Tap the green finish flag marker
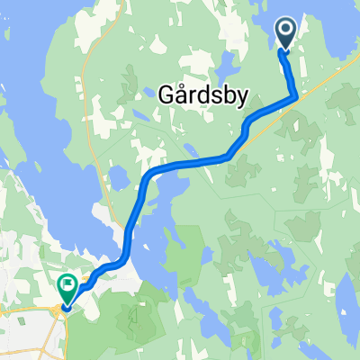[x=67, y=287]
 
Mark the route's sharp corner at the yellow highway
[x=296, y=97]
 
